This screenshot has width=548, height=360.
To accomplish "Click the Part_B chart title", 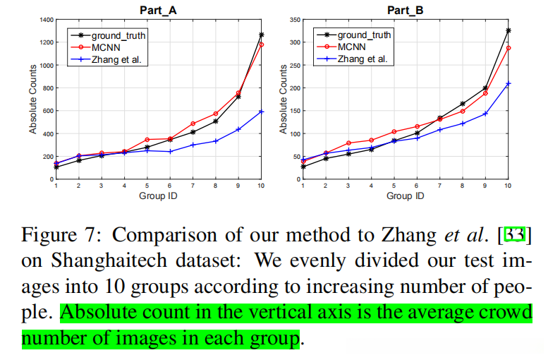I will [x=406, y=10].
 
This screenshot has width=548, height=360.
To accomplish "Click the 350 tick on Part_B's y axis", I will [x=293, y=20].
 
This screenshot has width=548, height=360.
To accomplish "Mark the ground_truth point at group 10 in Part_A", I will [x=261, y=35].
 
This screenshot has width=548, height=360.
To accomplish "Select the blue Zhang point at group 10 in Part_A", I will [x=261, y=112].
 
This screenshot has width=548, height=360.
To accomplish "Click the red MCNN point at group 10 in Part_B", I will [x=508, y=48].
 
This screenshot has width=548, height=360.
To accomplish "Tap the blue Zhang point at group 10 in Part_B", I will [x=508, y=83].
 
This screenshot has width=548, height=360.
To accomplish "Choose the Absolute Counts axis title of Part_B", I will [x=284, y=100].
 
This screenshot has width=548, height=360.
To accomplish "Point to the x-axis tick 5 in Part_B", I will [x=394, y=185].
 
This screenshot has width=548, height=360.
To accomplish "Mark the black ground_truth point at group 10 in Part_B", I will [x=508, y=30].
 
